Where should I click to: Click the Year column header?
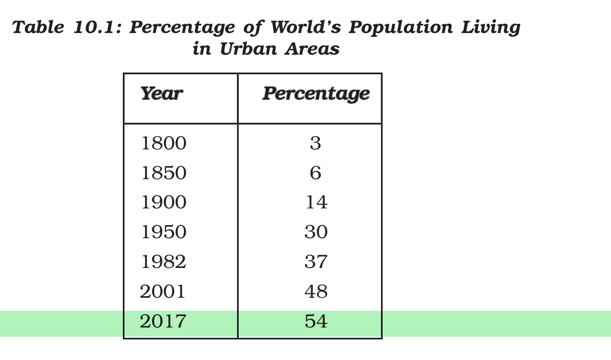click(162, 94)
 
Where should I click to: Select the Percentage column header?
click(316, 94)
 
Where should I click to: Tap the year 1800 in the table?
click(163, 143)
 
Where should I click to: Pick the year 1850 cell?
click(163, 173)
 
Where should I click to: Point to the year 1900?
click(163, 202)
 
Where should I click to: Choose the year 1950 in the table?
click(163, 232)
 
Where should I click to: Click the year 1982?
click(163, 261)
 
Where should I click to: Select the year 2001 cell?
click(162, 291)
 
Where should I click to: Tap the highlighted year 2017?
click(162, 321)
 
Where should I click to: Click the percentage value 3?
click(316, 143)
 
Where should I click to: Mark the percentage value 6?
click(316, 173)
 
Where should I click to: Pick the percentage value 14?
click(317, 202)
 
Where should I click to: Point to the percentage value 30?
click(316, 232)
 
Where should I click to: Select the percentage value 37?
click(316, 261)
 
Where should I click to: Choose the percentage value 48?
click(316, 291)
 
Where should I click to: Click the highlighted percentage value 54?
click(316, 321)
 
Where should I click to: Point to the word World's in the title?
click(306, 27)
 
